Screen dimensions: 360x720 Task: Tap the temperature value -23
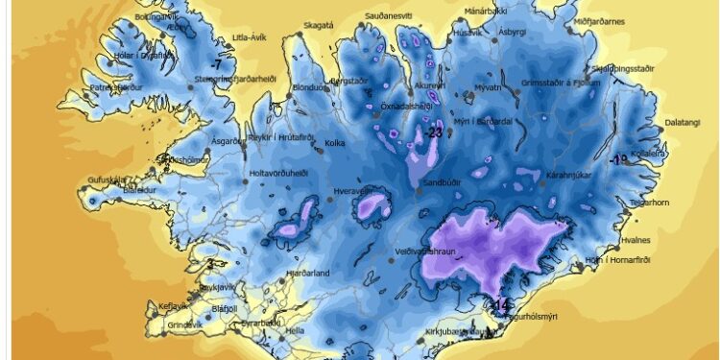435,133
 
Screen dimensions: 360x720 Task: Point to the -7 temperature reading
218,64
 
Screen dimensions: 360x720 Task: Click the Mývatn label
488,87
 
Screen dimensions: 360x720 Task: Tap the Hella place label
294,330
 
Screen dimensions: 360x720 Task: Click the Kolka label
335,144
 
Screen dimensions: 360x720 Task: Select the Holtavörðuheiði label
278,174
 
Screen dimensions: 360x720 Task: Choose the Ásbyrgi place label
514,32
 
